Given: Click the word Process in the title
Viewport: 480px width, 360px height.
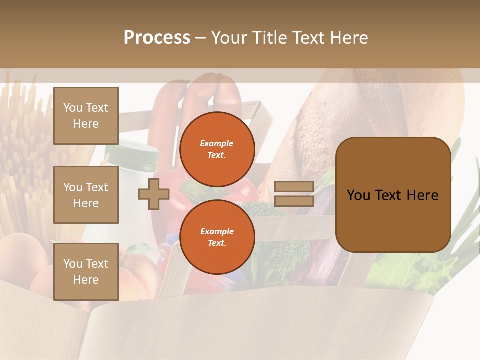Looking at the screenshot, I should point(157,38).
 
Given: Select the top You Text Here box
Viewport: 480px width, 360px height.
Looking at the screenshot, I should point(86,116).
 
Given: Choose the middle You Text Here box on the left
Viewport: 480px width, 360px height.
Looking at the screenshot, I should point(86,195).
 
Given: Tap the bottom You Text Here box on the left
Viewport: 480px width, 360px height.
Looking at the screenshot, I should point(86,271).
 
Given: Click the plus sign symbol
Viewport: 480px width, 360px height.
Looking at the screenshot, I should point(154,194).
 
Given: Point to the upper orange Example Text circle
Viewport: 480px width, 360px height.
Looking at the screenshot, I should point(217,149).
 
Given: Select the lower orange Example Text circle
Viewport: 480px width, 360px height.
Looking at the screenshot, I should point(217,237).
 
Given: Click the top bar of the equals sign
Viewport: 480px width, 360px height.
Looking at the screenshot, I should point(294,187).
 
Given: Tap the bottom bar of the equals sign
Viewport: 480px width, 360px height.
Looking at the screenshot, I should point(294,201).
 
